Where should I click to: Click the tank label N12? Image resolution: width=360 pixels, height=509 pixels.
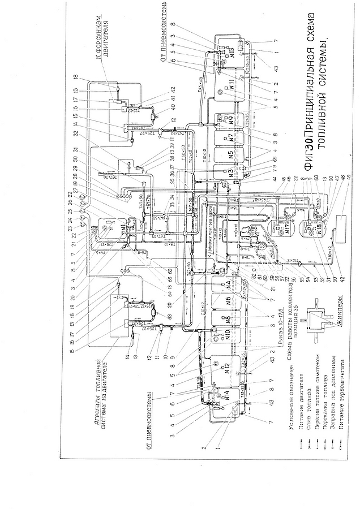228,368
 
